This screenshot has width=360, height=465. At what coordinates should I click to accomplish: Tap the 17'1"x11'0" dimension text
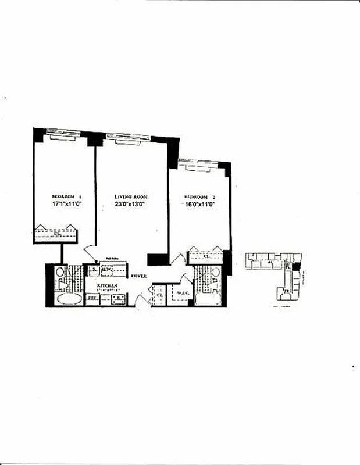pos(65,205)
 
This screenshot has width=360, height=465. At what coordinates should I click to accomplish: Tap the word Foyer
pos(138,276)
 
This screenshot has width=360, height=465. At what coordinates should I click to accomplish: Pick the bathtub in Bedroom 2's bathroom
pos(207,299)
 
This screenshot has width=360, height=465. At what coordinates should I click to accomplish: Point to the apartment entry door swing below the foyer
pos(141,299)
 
